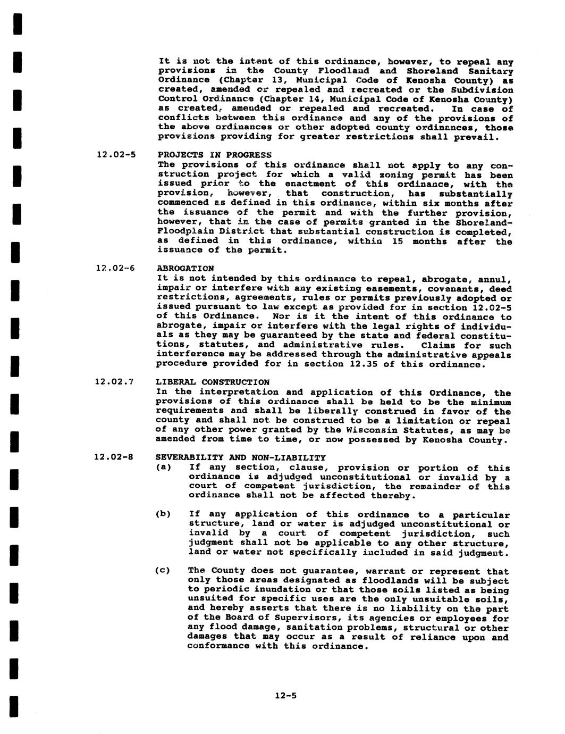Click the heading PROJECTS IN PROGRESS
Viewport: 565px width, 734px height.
tap(214, 155)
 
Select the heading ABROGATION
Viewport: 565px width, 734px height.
tap(185, 269)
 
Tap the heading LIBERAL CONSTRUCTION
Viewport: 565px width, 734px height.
tap(212, 382)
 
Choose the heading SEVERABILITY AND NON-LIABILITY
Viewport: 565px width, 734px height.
tap(240, 457)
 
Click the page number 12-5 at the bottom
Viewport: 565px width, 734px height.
tap(285, 695)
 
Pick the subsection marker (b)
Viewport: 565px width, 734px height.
tap(163, 514)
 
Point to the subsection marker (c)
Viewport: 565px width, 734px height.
tap(162, 571)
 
